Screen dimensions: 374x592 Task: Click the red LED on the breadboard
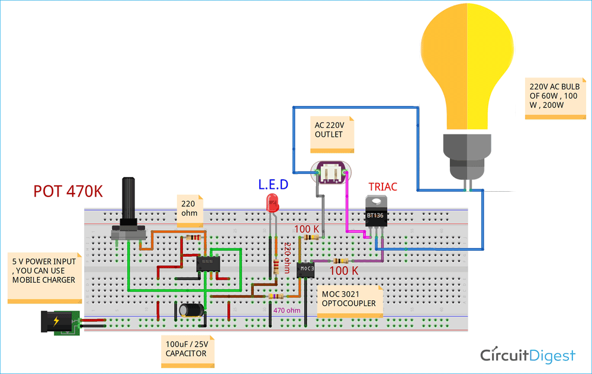pos(273,203)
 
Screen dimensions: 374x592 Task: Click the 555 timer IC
pos(208,263)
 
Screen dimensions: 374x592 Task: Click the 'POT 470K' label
pos(68,191)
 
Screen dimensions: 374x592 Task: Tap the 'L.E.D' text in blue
pos(273,185)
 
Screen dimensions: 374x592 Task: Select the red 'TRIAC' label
pos(382,186)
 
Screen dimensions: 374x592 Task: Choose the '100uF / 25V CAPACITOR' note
pos(187,349)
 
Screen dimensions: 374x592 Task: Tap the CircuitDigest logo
pos(527,355)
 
